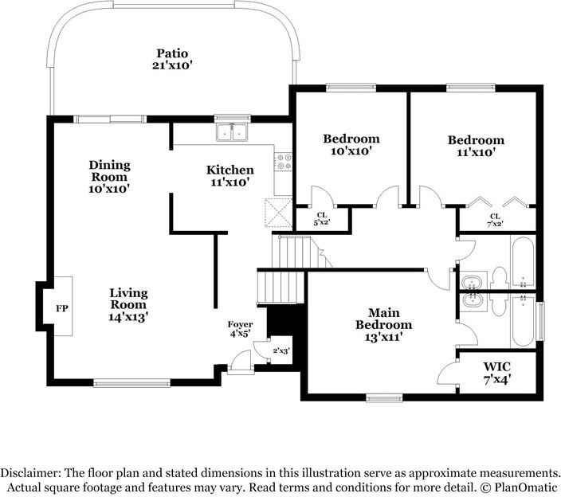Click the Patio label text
[x=172, y=60]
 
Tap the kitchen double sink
[x=232, y=133]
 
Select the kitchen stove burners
[x=284, y=161]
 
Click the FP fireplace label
[x=62, y=308]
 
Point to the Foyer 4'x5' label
[x=240, y=329]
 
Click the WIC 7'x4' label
[x=497, y=372]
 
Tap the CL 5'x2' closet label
[x=322, y=219]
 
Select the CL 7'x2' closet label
[x=495, y=221]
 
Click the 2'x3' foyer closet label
[x=280, y=350]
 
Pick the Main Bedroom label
[x=383, y=325]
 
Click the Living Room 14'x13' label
[x=128, y=305]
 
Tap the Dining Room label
[x=109, y=177]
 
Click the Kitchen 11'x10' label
[x=230, y=176]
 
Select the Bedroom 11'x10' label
[x=477, y=146]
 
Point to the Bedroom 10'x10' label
[x=351, y=144]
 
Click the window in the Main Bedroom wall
[x=385, y=397]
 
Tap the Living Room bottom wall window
[x=131, y=383]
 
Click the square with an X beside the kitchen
[x=278, y=213]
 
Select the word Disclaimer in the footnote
[x=30, y=473]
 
